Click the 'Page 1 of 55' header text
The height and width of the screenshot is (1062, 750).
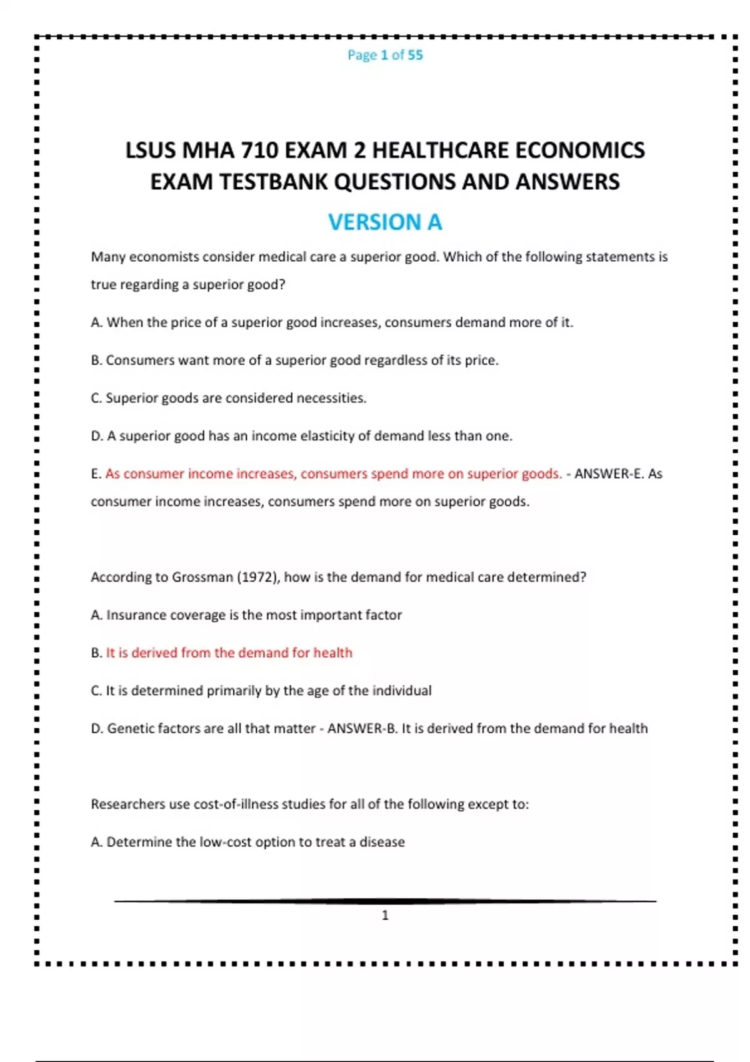coord(385,55)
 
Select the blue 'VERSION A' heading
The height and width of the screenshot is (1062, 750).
coord(385,222)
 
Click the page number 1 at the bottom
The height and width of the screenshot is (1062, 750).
coord(385,915)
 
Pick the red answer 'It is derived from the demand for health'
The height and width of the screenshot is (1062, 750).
coord(229,653)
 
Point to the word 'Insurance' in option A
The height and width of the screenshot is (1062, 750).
coord(136,615)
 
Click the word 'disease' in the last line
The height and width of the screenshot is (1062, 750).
coord(382,842)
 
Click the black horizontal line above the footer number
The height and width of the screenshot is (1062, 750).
coord(385,901)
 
